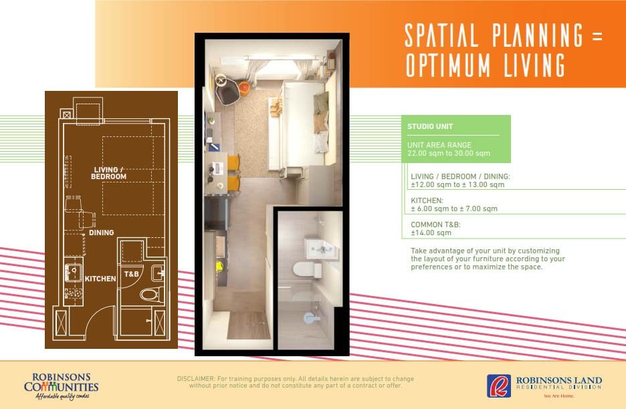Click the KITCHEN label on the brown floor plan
pos(100,279)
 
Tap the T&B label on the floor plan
pos(131,274)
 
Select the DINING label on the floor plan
pos(102,233)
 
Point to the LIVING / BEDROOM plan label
pos(108,173)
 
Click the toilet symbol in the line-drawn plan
pos(152,295)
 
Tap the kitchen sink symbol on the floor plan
pos(74,273)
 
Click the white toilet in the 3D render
pos(307,269)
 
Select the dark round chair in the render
pos(228,90)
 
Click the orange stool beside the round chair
pos(245,87)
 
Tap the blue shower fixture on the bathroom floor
pos(312,318)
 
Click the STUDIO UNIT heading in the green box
pos(430,126)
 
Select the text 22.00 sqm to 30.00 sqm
pos(449,153)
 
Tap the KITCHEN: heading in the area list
pos(427,200)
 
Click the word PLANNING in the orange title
pos(537,35)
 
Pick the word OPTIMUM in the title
pos(448,65)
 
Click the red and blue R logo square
pos(499,386)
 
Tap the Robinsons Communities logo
pos(61,386)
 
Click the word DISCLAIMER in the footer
pos(196,379)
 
